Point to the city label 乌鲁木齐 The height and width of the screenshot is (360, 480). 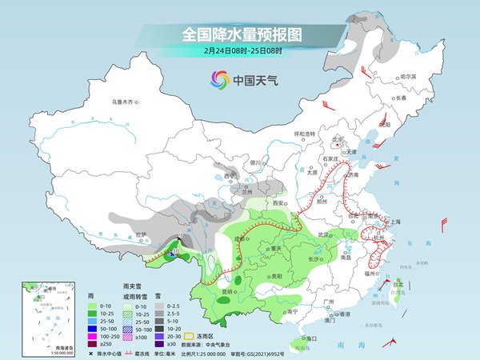point(126,102)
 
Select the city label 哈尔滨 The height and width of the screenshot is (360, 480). point(408,77)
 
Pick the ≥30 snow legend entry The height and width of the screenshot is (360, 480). point(173,344)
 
